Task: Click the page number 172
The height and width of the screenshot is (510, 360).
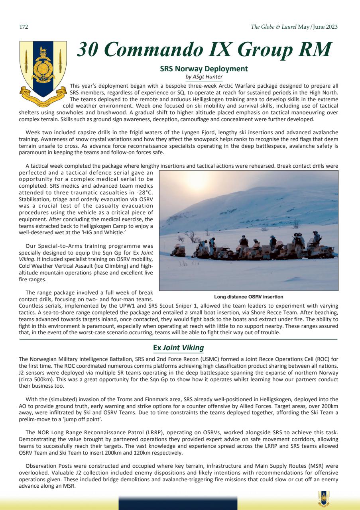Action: click(x=24, y=27)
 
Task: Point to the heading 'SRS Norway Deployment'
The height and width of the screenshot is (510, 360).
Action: click(x=204, y=69)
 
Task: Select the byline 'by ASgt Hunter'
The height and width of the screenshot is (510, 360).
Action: click(x=204, y=76)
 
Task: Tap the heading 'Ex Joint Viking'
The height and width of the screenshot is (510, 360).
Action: click(x=178, y=348)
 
